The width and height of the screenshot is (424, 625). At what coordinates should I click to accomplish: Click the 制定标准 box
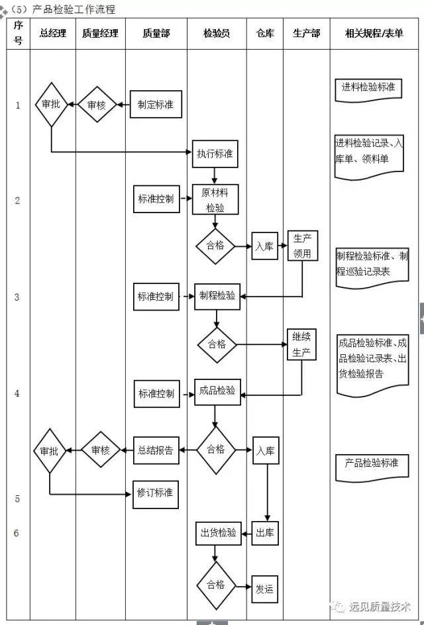[156, 105]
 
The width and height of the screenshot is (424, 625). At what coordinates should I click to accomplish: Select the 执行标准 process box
[215, 154]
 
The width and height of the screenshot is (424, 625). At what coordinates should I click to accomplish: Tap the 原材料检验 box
[215, 199]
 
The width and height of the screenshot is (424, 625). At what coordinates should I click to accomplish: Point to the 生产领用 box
[302, 246]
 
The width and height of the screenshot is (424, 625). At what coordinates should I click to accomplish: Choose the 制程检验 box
[217, 296]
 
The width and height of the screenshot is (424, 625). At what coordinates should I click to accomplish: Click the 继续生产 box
[301, 344]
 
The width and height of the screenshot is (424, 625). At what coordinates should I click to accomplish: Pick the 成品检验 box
[217, 391]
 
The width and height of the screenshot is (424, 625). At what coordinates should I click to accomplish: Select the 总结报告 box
[156, 450]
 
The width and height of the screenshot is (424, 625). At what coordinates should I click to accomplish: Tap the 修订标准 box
[156, 493]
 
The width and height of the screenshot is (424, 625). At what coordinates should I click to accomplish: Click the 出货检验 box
[217, 533]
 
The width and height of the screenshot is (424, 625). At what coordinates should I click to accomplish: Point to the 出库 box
[265, 533]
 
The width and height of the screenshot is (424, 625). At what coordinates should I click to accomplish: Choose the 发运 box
[264, 589]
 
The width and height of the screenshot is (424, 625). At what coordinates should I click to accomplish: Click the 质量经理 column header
[100, 33]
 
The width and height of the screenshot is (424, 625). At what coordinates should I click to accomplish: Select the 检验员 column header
[217, 33]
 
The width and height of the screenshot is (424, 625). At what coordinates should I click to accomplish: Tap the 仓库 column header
[264, 33]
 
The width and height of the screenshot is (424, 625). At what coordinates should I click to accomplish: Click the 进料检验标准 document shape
[368, 88]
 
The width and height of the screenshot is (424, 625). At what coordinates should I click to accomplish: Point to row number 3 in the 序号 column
[17, 297]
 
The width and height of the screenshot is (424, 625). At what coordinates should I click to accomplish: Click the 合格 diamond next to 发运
[216, 585]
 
